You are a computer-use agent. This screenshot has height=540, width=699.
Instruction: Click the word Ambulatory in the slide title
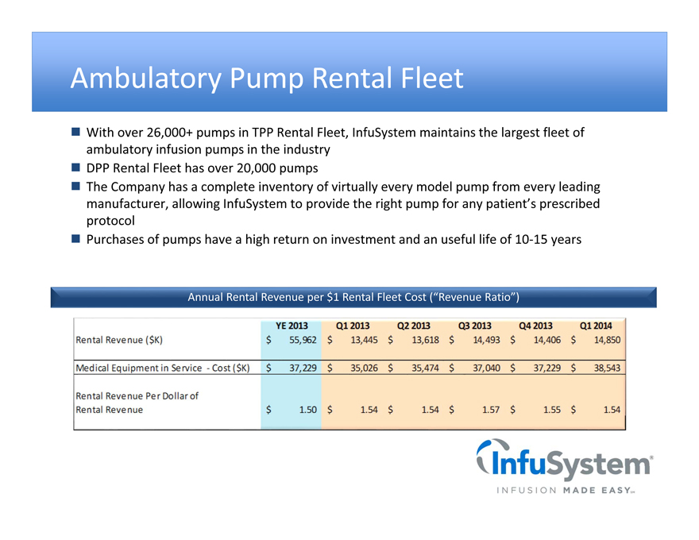tap(145, 79)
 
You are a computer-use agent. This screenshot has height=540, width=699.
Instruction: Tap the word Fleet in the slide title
tap(432, 78)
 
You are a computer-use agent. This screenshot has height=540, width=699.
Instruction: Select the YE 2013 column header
tap(292, 326)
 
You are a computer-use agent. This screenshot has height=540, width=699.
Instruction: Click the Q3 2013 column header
tap(474, 326)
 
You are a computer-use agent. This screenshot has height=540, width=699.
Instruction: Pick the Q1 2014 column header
tap(596, 326)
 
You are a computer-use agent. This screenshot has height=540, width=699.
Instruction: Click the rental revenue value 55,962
tap(303, 340)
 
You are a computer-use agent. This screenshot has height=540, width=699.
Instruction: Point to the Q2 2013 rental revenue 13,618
tap(425, 340)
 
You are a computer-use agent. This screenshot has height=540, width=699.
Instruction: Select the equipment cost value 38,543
tap(607, 368)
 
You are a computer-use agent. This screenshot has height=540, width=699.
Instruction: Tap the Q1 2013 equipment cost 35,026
tap(365, 368)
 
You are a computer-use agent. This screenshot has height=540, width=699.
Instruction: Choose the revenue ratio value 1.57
tap(491, 410)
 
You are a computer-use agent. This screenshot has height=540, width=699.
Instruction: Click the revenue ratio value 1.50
tap(307, 410)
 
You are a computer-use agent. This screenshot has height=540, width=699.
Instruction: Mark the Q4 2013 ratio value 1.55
tap(552, 410)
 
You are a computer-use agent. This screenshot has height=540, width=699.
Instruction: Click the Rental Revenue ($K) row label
tap(119, 340)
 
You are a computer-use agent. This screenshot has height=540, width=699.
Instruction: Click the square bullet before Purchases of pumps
tap(75, 239)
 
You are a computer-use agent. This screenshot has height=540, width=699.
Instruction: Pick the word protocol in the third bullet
tap(110, 221)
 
